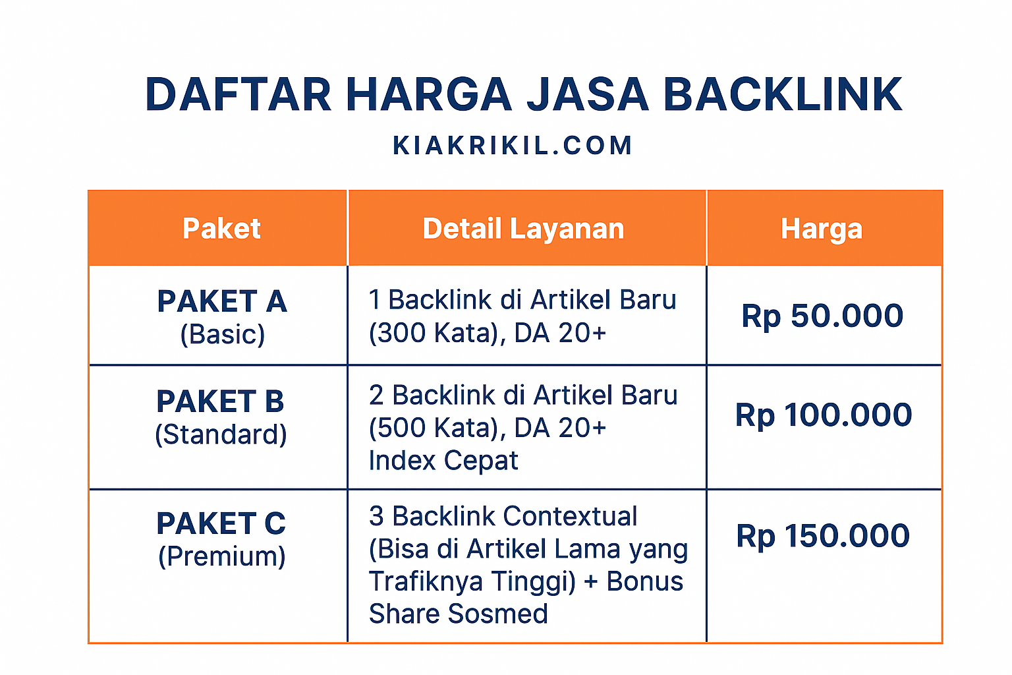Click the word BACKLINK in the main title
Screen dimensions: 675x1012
click(782, 94)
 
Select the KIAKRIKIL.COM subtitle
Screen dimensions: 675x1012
click(513, 146)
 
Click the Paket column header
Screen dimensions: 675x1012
click(221, 229)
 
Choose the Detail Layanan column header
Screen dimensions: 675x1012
click(523, 229)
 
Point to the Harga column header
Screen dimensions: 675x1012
click(822, 229)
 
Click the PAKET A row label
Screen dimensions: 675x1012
click(222, 301)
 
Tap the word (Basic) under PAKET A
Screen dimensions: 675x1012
click(223, 334)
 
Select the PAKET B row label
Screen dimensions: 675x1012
click(220, 401)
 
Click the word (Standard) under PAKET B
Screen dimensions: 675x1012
click(221, 434)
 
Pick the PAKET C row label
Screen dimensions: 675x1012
click(221, 523)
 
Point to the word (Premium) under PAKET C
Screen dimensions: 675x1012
click(222, 556)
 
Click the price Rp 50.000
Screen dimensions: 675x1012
click(822, 316)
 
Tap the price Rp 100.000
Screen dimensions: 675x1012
click(824, 415)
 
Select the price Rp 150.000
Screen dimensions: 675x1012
click(823, 536)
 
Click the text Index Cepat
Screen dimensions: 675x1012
click(443, 461)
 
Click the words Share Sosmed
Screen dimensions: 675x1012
click(458, 614)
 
